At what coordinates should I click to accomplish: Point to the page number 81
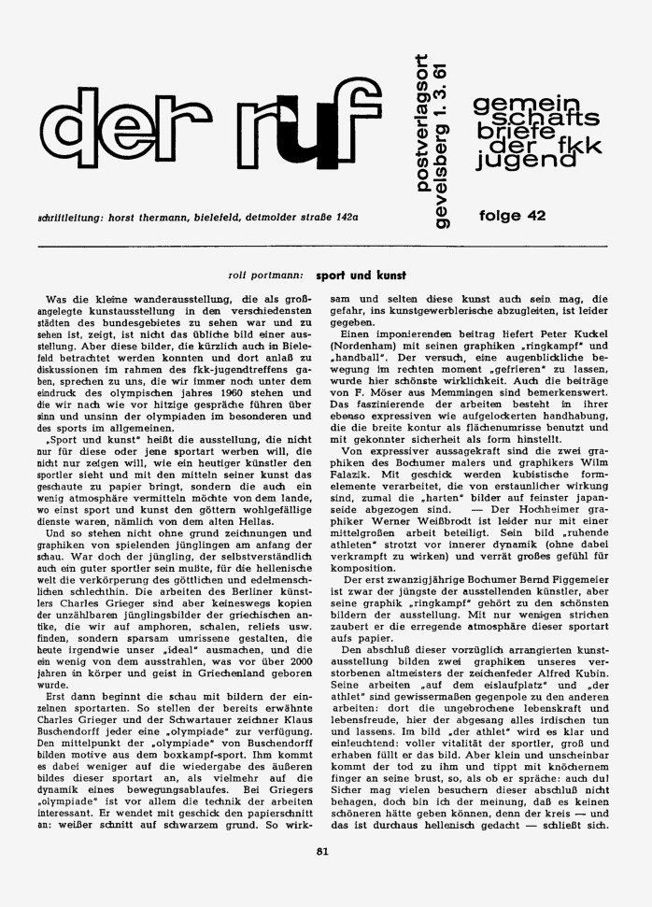click(x=322, y=875)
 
